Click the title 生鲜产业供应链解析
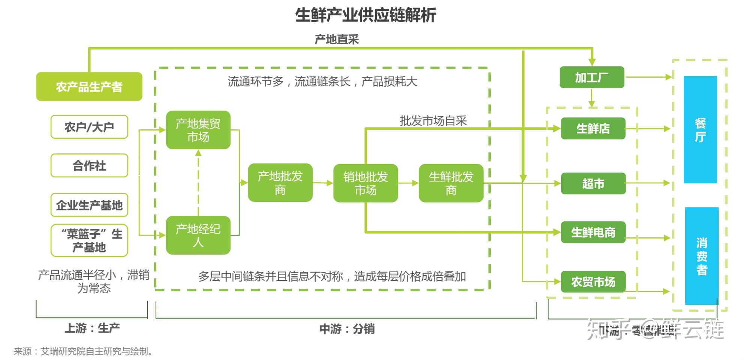click(366, 15)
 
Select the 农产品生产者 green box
click(89, 87)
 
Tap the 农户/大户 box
click(89, 127)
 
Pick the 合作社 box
click(89, 165)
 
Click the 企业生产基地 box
click(89, 205)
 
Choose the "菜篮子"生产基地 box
click(89, 240)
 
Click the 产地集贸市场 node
click(198, 130)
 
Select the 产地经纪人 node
click(198, 235)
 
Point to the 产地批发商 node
click(280, 183)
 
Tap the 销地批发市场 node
click(366, 183)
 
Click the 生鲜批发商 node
click(451, 183)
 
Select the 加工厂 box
click(592, 78)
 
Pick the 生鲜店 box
click(593, 129)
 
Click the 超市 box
click(593, 183)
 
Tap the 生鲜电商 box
click(593, 232)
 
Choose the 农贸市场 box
click(593, 282)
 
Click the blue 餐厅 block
click(700, 130)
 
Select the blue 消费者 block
click(702, 256)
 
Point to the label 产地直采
click(336, 39)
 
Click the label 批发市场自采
click(433, 121)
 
